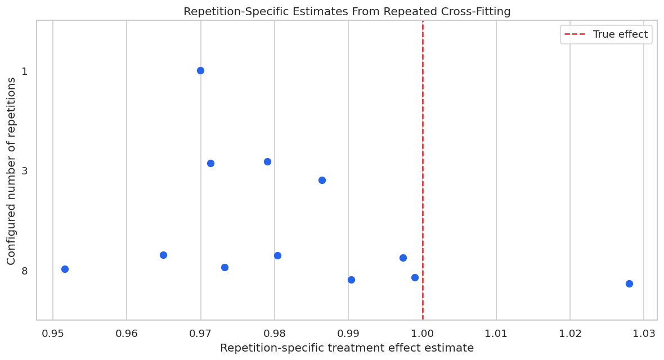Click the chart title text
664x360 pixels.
coord(347,11)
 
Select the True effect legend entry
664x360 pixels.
coord(606,34)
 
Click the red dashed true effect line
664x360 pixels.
coord(423,170)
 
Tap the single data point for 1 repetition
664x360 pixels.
coord(201,71)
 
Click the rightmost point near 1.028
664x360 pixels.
coord(629,283)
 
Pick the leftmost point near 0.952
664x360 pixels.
coord(65,269)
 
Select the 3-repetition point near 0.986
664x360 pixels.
coord(322,181)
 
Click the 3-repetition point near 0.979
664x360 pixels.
coord(268,162)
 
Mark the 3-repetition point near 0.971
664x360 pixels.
coord(211,164)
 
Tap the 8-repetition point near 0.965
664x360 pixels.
coord(163,255)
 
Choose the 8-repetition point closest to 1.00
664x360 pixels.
coord(415,278)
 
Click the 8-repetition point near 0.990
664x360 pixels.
coord(352,280)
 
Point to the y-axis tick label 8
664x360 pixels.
coord(25,271)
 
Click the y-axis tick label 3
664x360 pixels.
coord(25,170)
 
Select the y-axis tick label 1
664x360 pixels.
coord(25,71)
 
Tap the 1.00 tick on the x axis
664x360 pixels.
coord(422,334)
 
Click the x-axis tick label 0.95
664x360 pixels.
coord(53,334)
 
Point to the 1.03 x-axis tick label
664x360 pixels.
coord(644,334)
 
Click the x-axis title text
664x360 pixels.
coord(347,348)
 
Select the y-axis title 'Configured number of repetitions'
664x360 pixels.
coord(11,171)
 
